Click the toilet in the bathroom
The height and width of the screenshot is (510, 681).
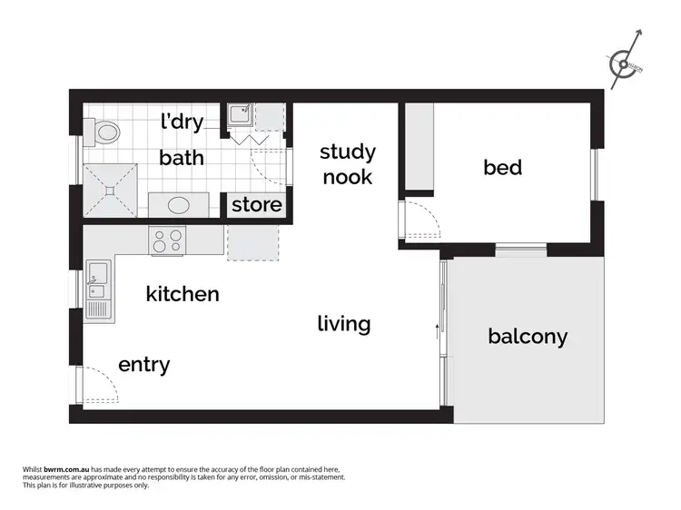[x=104, y=133]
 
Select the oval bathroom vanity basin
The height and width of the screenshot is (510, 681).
[x=173, y=205]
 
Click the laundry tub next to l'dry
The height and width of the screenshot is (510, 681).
[x=240, y=115]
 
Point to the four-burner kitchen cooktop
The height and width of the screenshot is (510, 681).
[x=167, y=240]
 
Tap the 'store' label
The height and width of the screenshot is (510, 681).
[x=256, y=205]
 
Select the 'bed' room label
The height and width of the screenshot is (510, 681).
[x=502, y=167]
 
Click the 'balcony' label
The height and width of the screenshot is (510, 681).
[x=528, y=337]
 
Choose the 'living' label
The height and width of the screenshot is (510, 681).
[x=344, y=323]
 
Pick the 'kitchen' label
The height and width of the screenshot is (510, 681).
[x=183, y=294]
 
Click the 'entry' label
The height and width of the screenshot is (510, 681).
[x=143, y=365]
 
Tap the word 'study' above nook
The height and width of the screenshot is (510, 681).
[x=347, y=152]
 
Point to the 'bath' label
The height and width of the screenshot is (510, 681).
[x=182, y=158]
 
